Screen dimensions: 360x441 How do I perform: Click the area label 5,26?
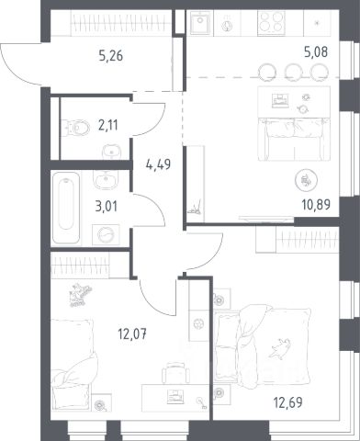(111, 56)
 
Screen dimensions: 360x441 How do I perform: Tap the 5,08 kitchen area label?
(316, 52)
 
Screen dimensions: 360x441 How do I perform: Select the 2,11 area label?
(108, 125)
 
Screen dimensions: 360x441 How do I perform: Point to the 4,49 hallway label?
(158, 165)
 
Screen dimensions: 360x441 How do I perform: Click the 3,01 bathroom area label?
(107, 207)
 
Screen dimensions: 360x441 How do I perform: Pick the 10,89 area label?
(316, 204)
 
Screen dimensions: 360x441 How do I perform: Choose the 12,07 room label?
(132, 334)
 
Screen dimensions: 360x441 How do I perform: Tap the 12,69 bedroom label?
(288, 402)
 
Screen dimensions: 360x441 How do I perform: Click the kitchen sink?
(200, 23)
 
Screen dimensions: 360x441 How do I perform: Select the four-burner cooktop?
(271, 22)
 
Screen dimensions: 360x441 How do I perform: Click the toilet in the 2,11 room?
(75, 128)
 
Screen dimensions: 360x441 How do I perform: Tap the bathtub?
(66, 208)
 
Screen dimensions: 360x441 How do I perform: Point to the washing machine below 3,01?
(106, 234)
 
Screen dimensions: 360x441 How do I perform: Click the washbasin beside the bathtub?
(106, 180)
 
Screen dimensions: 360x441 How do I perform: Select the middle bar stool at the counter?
(294, 73)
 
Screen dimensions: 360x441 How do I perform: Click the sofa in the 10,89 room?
(294, 140)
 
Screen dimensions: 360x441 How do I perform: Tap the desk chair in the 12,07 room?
(175, 373)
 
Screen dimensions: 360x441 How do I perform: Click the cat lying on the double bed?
(278, 348)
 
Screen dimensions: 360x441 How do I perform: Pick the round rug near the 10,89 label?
(306, 181)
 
